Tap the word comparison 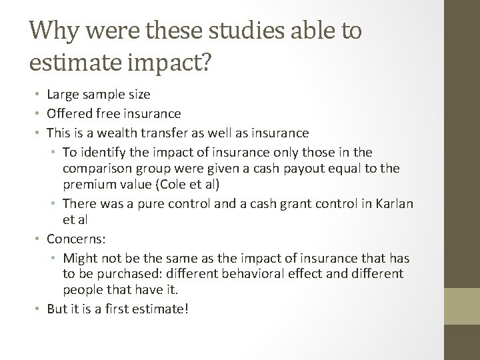point(94,169)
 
